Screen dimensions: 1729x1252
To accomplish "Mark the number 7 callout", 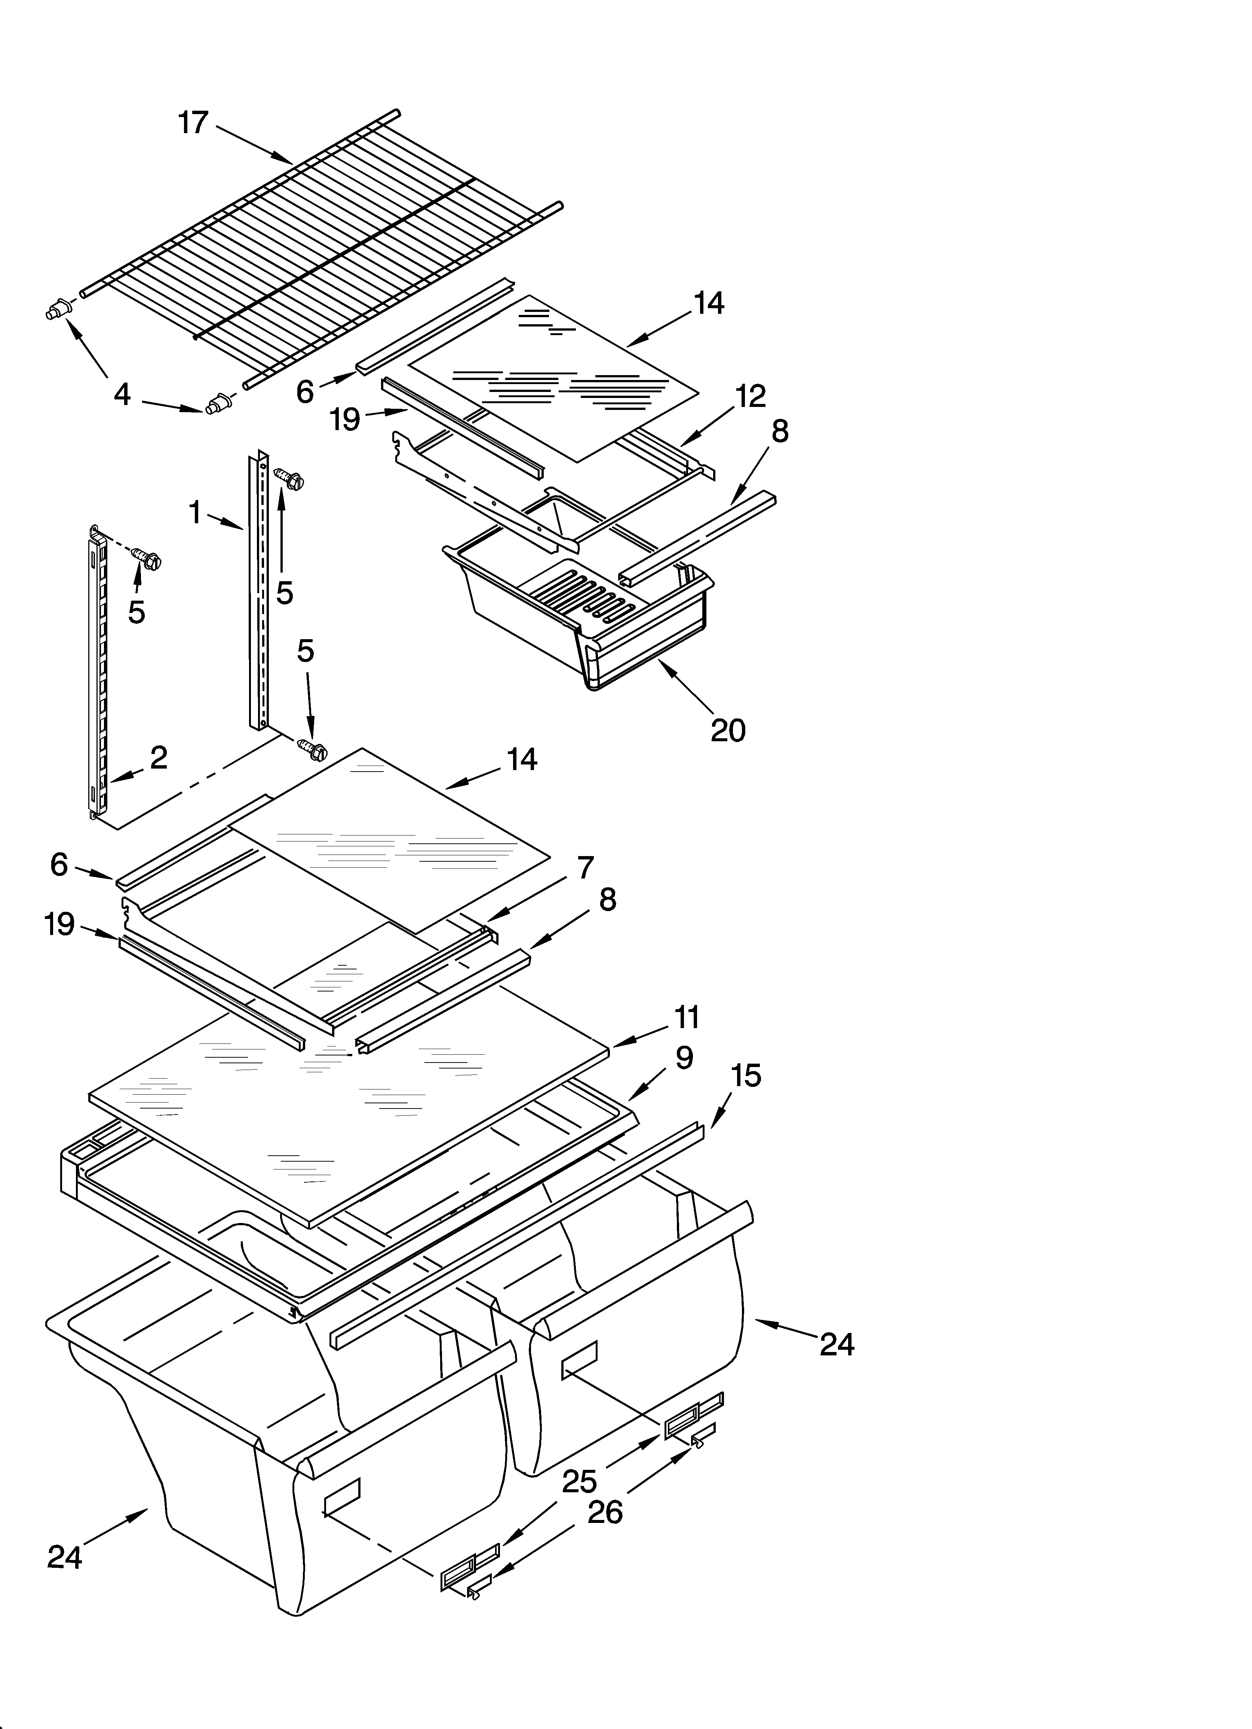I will pyautogui.click(x=585, y=868).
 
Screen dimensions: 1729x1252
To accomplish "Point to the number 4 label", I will pyautogui.click(x=122, y=395).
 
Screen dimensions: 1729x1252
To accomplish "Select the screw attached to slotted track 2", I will pyautogui.click(x=147, y=559).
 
